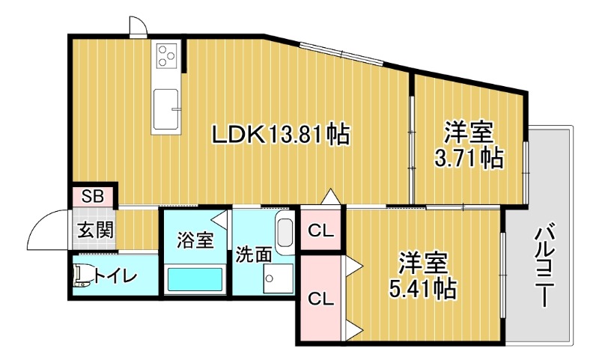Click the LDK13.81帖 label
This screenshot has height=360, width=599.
(x=281, y=135)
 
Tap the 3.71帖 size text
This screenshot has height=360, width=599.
(x=469, y=158)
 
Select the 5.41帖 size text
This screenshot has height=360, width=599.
(x=423, y=287)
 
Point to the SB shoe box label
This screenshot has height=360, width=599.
(x=93, y=197)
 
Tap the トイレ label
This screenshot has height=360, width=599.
(x=115, y=278)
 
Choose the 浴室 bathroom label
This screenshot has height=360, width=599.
(x=195, y=241)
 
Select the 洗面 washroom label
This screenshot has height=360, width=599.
(x=254, y=254)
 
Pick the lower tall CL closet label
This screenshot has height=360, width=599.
(x=321, y=299)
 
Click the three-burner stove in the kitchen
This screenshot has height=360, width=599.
(x=166, y=55)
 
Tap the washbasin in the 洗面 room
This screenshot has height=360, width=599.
(x=284, y=231)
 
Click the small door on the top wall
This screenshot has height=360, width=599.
(x=137, y=27)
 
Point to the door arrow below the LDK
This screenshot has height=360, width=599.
(x=330, y=197)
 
